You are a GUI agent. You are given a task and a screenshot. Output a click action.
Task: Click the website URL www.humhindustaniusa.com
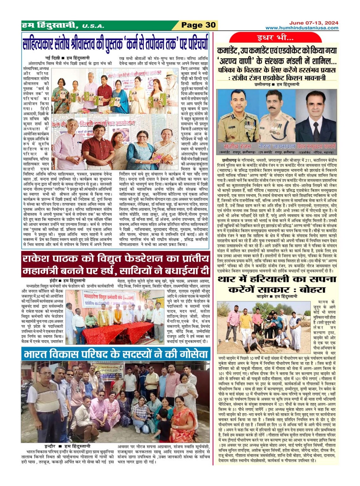302,28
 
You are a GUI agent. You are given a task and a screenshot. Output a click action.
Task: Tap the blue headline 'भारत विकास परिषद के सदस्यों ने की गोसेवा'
116,353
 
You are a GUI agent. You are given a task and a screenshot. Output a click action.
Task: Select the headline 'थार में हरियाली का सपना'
277,279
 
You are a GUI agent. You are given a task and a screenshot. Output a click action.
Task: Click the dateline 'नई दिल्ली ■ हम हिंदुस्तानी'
67,58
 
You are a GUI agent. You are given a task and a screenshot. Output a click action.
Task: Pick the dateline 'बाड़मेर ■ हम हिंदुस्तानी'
277,296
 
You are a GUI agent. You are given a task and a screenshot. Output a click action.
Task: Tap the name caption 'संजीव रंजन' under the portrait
238,146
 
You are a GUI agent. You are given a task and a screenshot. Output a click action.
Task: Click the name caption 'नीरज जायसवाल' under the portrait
272,146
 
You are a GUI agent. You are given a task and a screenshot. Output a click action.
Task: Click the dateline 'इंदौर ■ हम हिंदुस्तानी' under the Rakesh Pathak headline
68,280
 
